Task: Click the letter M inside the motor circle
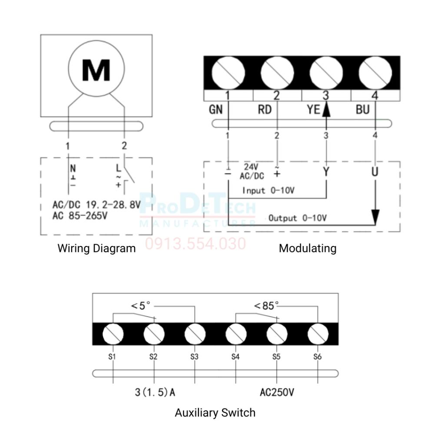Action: click(x=96, y=70)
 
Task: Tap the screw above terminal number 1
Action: click(x=228, y=73)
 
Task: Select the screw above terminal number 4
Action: click(x=375, y=73)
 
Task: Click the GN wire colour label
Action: click(x=216, y=110)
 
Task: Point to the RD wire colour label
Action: click(x=265, y=110)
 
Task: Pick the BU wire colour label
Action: click(x=363, y=110)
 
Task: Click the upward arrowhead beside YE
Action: click(x=326, y=109)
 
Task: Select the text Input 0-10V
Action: click(x=268, y=190)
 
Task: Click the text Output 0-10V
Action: click(x=297, y=218)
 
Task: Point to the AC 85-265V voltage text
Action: click(x=80, y=216)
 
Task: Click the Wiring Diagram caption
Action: click(x=96, y=248)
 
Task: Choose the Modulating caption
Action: click(x=308, y=248)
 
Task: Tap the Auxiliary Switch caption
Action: click(x=215, y=413)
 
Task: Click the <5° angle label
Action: click(x=140, y=306)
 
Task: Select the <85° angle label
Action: click(x=266, y=306)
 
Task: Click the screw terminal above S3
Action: click(x=195, y=334)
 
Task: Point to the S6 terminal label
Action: click(x=317, y=357)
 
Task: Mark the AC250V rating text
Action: click(x=277, y=392)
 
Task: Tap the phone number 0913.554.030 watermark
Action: click(x=196, y=244)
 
